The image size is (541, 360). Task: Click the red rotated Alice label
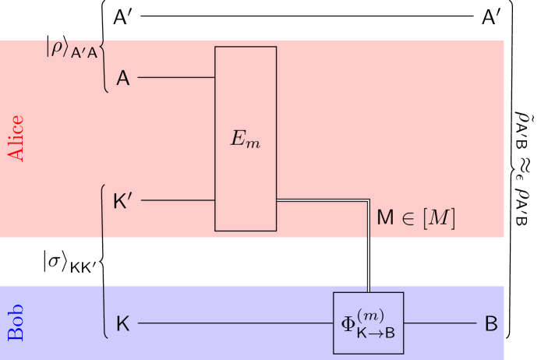pos(16,139)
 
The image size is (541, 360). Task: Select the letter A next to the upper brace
pos(123,78)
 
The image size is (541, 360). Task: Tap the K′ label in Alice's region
pos(123,201)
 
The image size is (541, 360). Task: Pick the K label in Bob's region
pos(123,323)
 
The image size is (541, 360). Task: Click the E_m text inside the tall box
pos(245,139)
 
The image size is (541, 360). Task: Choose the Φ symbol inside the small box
pos(348,323)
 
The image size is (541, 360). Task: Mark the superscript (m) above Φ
pos(370,314)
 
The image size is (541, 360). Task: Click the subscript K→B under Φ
pos(376,331)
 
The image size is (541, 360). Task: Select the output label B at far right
pos(491,323)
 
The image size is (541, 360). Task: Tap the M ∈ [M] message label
pos(415,218)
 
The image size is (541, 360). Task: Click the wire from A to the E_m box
pos(176,78)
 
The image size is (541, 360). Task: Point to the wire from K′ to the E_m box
pos(178,200)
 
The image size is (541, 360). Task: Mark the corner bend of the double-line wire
pos(368,202)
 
